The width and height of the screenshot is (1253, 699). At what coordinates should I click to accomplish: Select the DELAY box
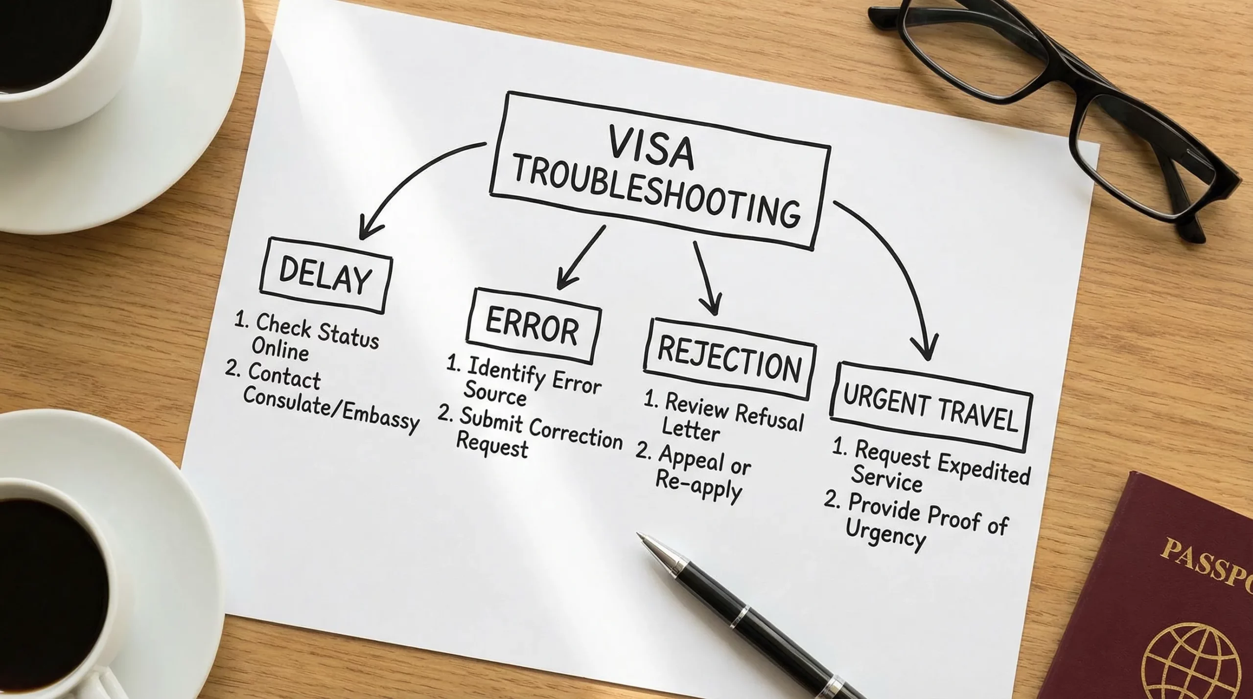click(325, 275)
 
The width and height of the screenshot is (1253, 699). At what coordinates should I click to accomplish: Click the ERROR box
click(533, 325)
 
